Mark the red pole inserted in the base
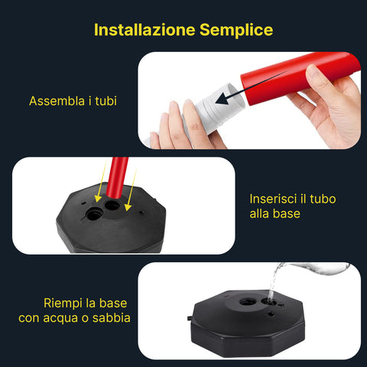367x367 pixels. pos(118,179)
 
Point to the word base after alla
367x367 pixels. pos(285,214)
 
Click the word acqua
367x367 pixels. pos(71,317)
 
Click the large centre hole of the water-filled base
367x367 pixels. pos(249,304)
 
